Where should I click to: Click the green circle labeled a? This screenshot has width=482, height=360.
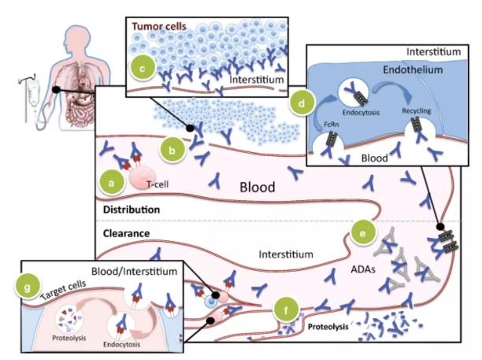tap(112, 184)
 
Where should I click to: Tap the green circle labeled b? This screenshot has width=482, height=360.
tap(172, 147)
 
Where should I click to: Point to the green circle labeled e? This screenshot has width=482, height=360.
tap(363, 234)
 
